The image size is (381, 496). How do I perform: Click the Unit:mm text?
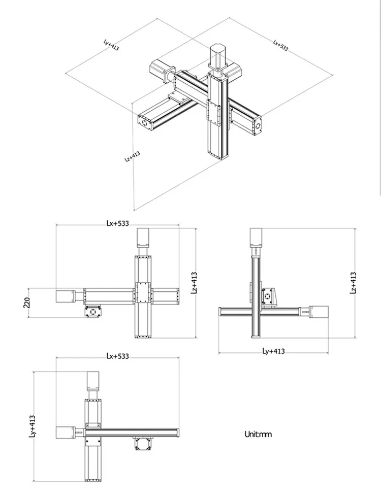point(258,434)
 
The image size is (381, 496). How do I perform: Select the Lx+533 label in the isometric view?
point(280,45)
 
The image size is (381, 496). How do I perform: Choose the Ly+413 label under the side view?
point(273,351)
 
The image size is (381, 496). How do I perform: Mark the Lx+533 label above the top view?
point(117,356)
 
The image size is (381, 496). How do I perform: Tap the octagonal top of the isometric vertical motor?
point(217,47)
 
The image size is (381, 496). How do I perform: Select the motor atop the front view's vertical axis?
point(142,238)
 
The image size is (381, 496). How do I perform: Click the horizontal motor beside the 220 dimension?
point(65,295)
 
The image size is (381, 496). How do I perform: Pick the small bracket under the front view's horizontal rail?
point(93,311)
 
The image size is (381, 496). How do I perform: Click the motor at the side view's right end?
point(319,311)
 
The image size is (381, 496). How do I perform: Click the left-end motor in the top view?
point(65,432)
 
